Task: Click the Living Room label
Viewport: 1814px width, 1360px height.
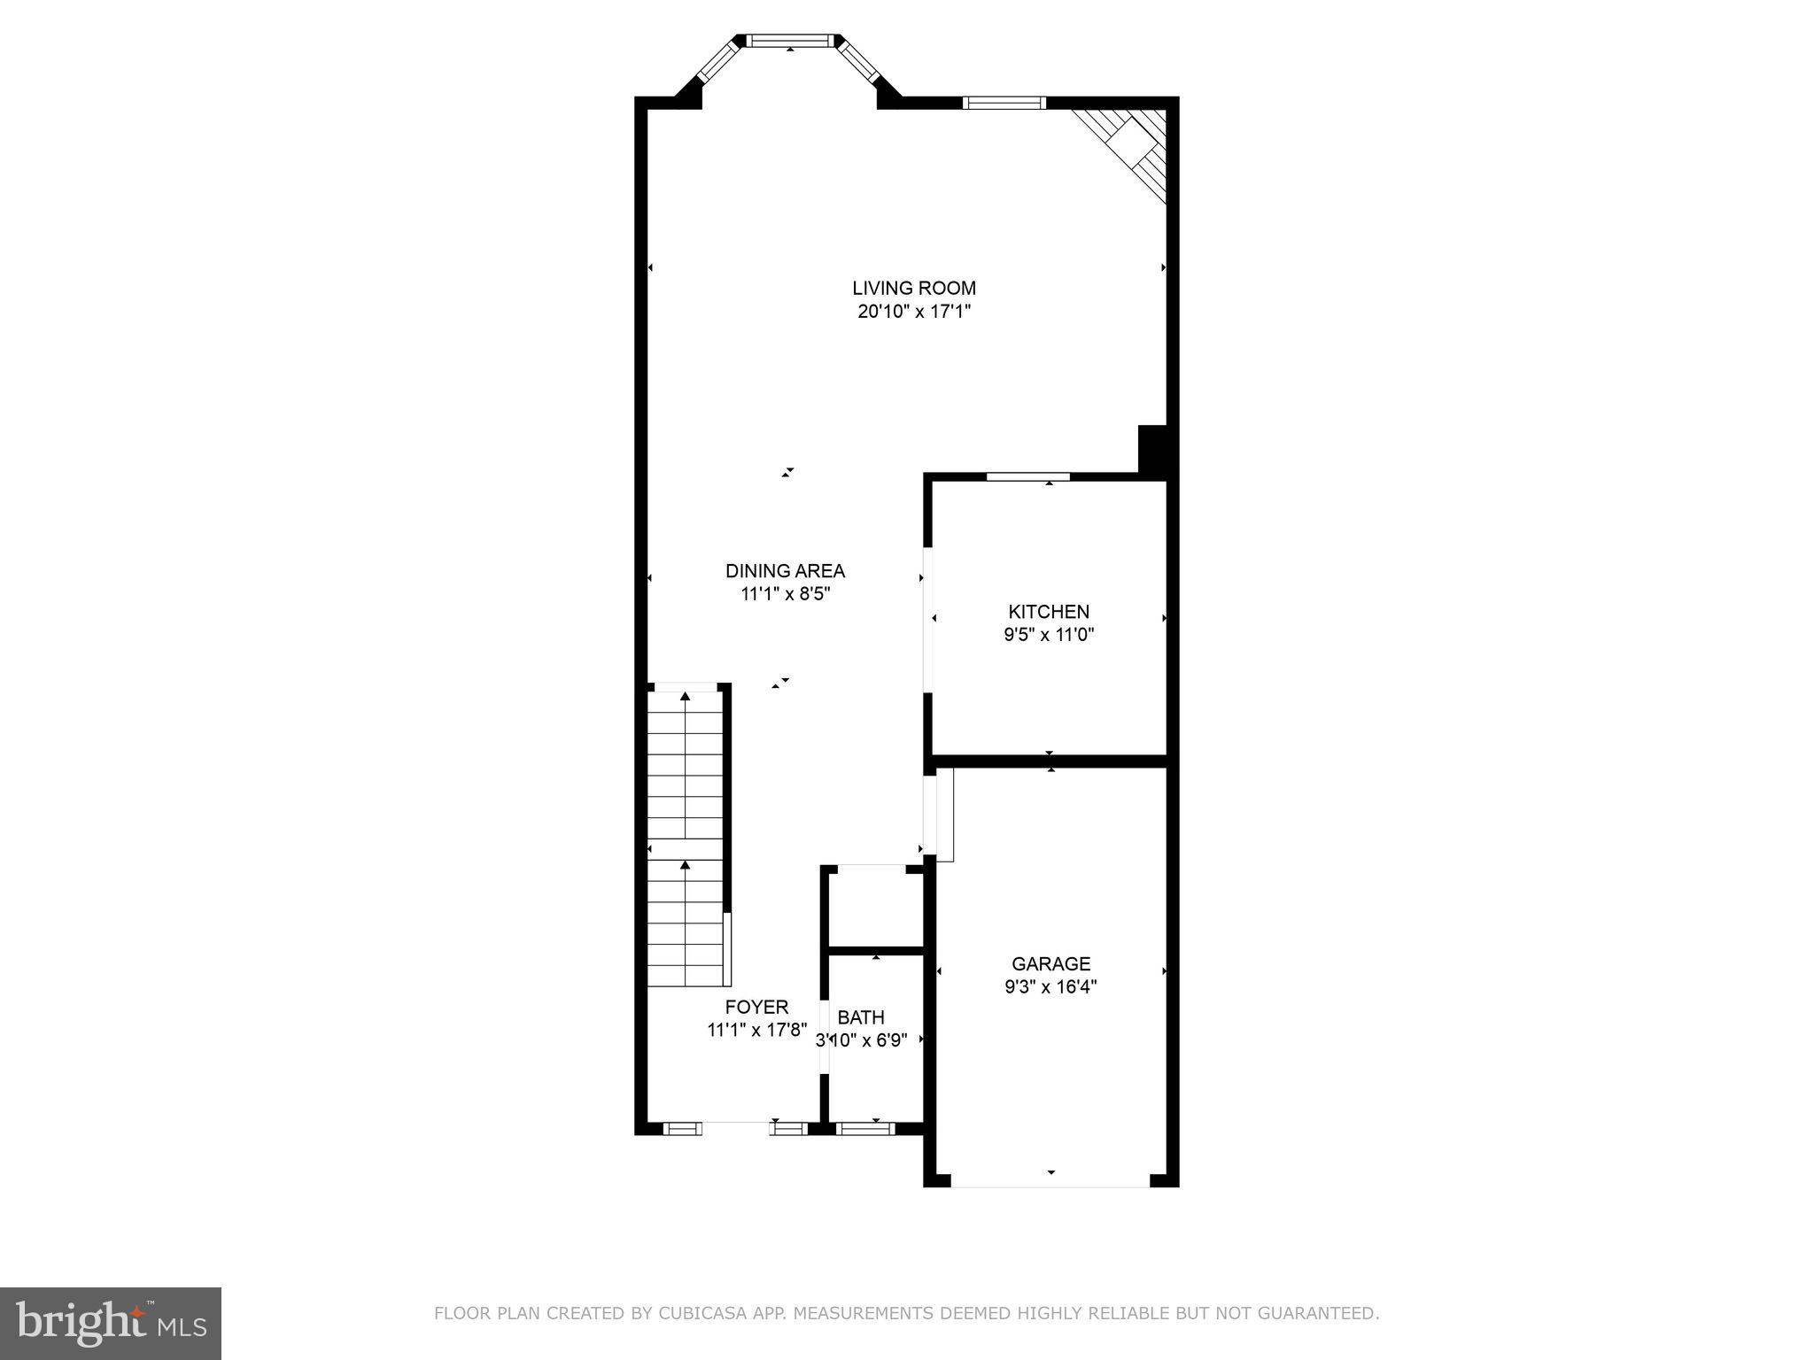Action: point(914,288)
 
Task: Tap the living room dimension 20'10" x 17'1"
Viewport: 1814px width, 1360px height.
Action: point(914,312)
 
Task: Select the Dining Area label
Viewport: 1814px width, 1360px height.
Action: point(785,571)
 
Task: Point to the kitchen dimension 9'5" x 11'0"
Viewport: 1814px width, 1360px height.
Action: point(1049,635)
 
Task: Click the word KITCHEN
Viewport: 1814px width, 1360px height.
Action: point(1049,612)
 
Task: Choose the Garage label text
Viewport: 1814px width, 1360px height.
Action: point(1050,964)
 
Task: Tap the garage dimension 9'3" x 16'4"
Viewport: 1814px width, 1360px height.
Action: point(1050,987)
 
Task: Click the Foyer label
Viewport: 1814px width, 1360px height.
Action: point(756,1007)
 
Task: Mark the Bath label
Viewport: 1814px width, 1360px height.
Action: point(861,1017)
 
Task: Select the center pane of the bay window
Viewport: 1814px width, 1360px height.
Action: point(789,41)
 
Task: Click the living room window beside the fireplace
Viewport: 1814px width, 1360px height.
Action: point(1004,103)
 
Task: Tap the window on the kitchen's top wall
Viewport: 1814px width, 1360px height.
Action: point(1027,476)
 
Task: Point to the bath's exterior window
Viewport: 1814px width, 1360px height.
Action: point(865,1128)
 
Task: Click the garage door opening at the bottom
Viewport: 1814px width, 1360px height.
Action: point(1050,1180)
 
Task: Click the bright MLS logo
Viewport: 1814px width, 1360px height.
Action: point(111,1323)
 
